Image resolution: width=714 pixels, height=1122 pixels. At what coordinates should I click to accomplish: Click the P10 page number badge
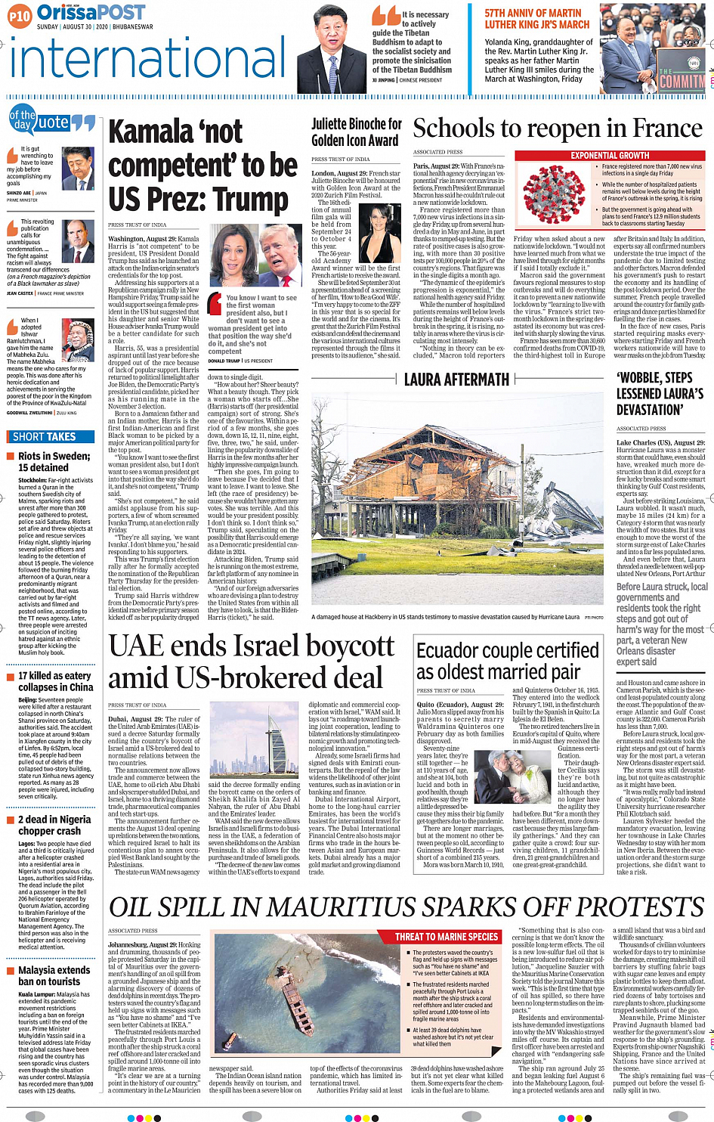click(x=20, y=15)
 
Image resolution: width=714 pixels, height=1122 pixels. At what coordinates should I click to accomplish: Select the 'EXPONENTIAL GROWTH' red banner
click(x=609, y=155)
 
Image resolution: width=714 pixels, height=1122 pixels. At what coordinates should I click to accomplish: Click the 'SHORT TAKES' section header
click(x=45, y=436)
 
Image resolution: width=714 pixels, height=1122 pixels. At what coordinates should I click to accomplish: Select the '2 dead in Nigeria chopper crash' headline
click(x=54, y=825)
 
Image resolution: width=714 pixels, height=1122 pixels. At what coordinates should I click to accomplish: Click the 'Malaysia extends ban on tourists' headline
click(x=54, y=975)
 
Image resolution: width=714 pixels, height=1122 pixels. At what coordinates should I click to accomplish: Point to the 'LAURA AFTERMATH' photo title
click(x=456, y=380)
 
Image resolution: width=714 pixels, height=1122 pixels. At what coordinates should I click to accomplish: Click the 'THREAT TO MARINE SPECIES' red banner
click(x=446, y=937)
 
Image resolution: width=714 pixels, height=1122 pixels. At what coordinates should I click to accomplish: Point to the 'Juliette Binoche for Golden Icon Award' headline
click(x=357, y=132)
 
